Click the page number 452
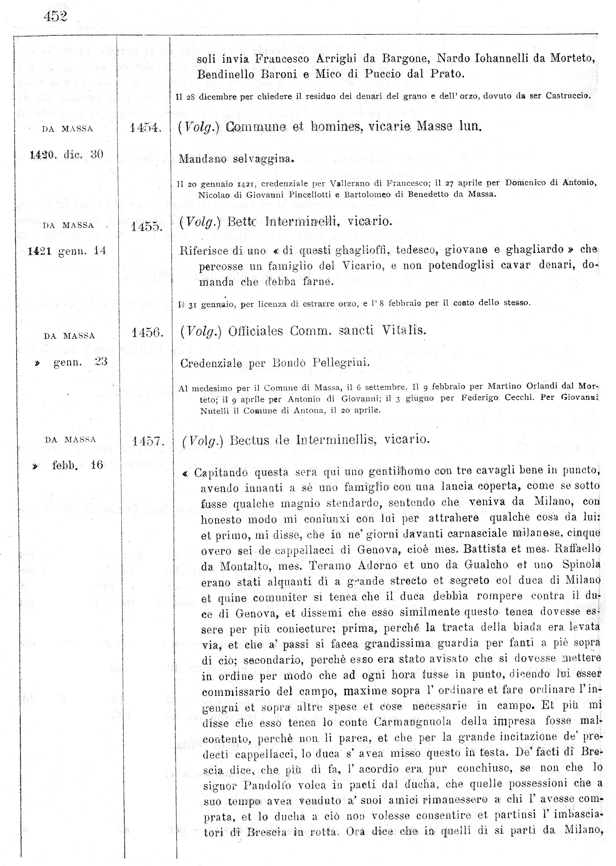[55, 16]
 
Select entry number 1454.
[146, 128]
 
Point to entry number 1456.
[147, 333]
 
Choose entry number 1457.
[148, 441]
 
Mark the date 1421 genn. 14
[67, 251]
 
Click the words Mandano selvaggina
[236, 159]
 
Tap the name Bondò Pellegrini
[321, 363]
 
